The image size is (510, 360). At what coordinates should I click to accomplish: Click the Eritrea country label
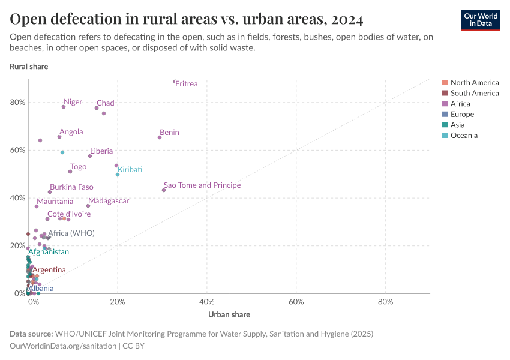coord(186,84)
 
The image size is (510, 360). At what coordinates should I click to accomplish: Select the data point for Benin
coord(160,137)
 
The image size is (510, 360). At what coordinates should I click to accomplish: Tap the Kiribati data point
coord(118,175)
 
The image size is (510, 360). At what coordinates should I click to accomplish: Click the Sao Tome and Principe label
coord(202,185)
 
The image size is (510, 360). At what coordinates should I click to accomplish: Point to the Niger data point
coord(64,107)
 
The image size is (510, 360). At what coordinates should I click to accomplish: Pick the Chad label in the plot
coord(105,103)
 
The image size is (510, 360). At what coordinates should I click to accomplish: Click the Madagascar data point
coord(88,206)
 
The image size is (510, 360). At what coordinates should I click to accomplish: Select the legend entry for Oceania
coord(464,136)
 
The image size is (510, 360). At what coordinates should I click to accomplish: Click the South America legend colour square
coord(445,93)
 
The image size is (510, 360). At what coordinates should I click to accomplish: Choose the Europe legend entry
coord(462,114)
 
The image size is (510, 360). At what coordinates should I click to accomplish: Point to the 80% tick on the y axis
coord(18,102)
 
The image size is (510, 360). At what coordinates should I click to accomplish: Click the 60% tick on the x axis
coord(296,301)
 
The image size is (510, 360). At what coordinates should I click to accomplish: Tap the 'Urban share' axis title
coord(229,314)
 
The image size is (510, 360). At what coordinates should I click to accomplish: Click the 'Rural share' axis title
coord(29,67)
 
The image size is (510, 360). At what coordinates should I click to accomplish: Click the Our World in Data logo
coord(480,19)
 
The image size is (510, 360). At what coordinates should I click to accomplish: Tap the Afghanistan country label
coord(49,252)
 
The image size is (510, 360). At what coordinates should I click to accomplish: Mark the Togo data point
coord(70,172)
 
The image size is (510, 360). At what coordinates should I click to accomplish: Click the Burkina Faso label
coord(71,187)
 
